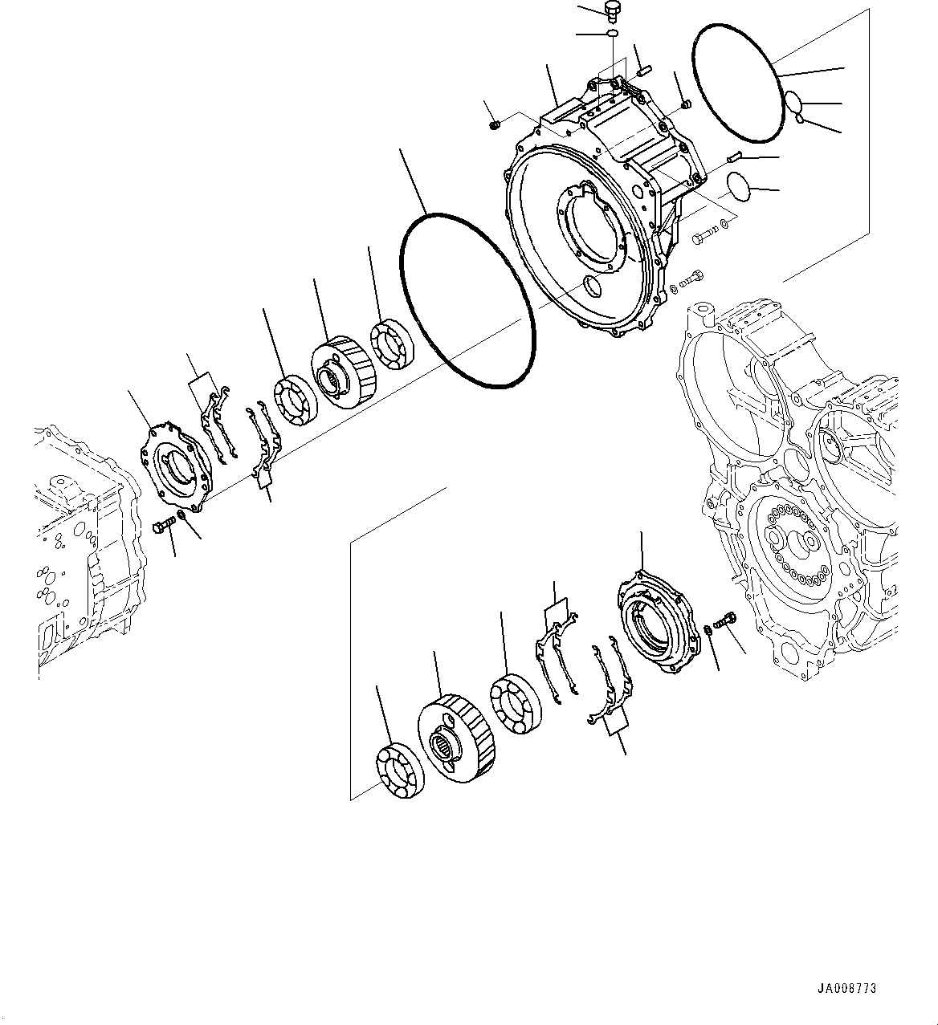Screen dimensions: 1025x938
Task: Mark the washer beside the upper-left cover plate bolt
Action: click(x=181, y=515)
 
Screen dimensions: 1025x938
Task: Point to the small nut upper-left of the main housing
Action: click(x=496, y=124)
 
